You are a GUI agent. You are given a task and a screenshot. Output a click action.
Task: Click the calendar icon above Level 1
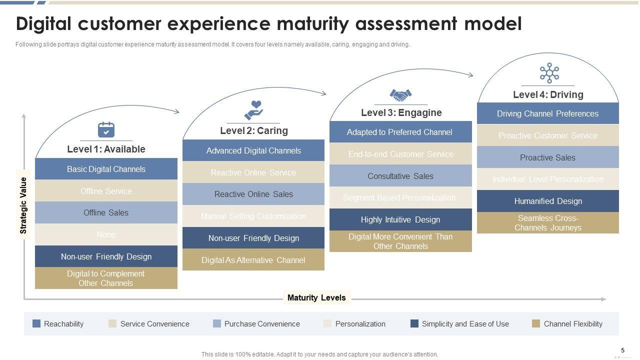(x=106, y=129)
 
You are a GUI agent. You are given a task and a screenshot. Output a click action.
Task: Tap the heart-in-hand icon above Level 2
(x=253, y=110)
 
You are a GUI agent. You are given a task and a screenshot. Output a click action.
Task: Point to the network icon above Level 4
(x=549, y=73)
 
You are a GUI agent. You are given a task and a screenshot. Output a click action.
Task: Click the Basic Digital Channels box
(x=106, y=169)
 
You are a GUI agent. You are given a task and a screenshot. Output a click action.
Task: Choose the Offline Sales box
(x=106, y=212)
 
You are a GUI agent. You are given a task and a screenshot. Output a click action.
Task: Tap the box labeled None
(x=106, y=234)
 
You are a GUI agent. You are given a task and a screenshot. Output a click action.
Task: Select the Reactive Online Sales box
(x=253, y=194)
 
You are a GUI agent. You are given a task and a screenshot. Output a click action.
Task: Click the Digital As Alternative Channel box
(x=253, y=260)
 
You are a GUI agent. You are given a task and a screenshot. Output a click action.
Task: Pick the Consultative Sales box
(x=400, y=176)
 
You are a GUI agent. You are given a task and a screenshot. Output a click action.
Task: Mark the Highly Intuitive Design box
(x=400, y=219)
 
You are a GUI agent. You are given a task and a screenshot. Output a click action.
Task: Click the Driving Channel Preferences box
(x=547, y=113)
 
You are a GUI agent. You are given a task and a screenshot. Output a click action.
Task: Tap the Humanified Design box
(x=547, y=201)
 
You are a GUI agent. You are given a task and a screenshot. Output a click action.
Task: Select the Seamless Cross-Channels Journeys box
(x=547, y=223)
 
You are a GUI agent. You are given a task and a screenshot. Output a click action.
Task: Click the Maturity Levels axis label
(x=316, y=297)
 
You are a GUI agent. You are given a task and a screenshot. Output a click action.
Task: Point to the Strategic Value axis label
(x=23, y=205)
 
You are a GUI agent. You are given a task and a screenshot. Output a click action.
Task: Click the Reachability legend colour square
(x=36, y=323)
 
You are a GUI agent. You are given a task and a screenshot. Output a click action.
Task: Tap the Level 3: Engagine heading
(x=401, y=112)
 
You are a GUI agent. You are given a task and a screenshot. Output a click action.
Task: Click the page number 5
(x=622, y=350)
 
